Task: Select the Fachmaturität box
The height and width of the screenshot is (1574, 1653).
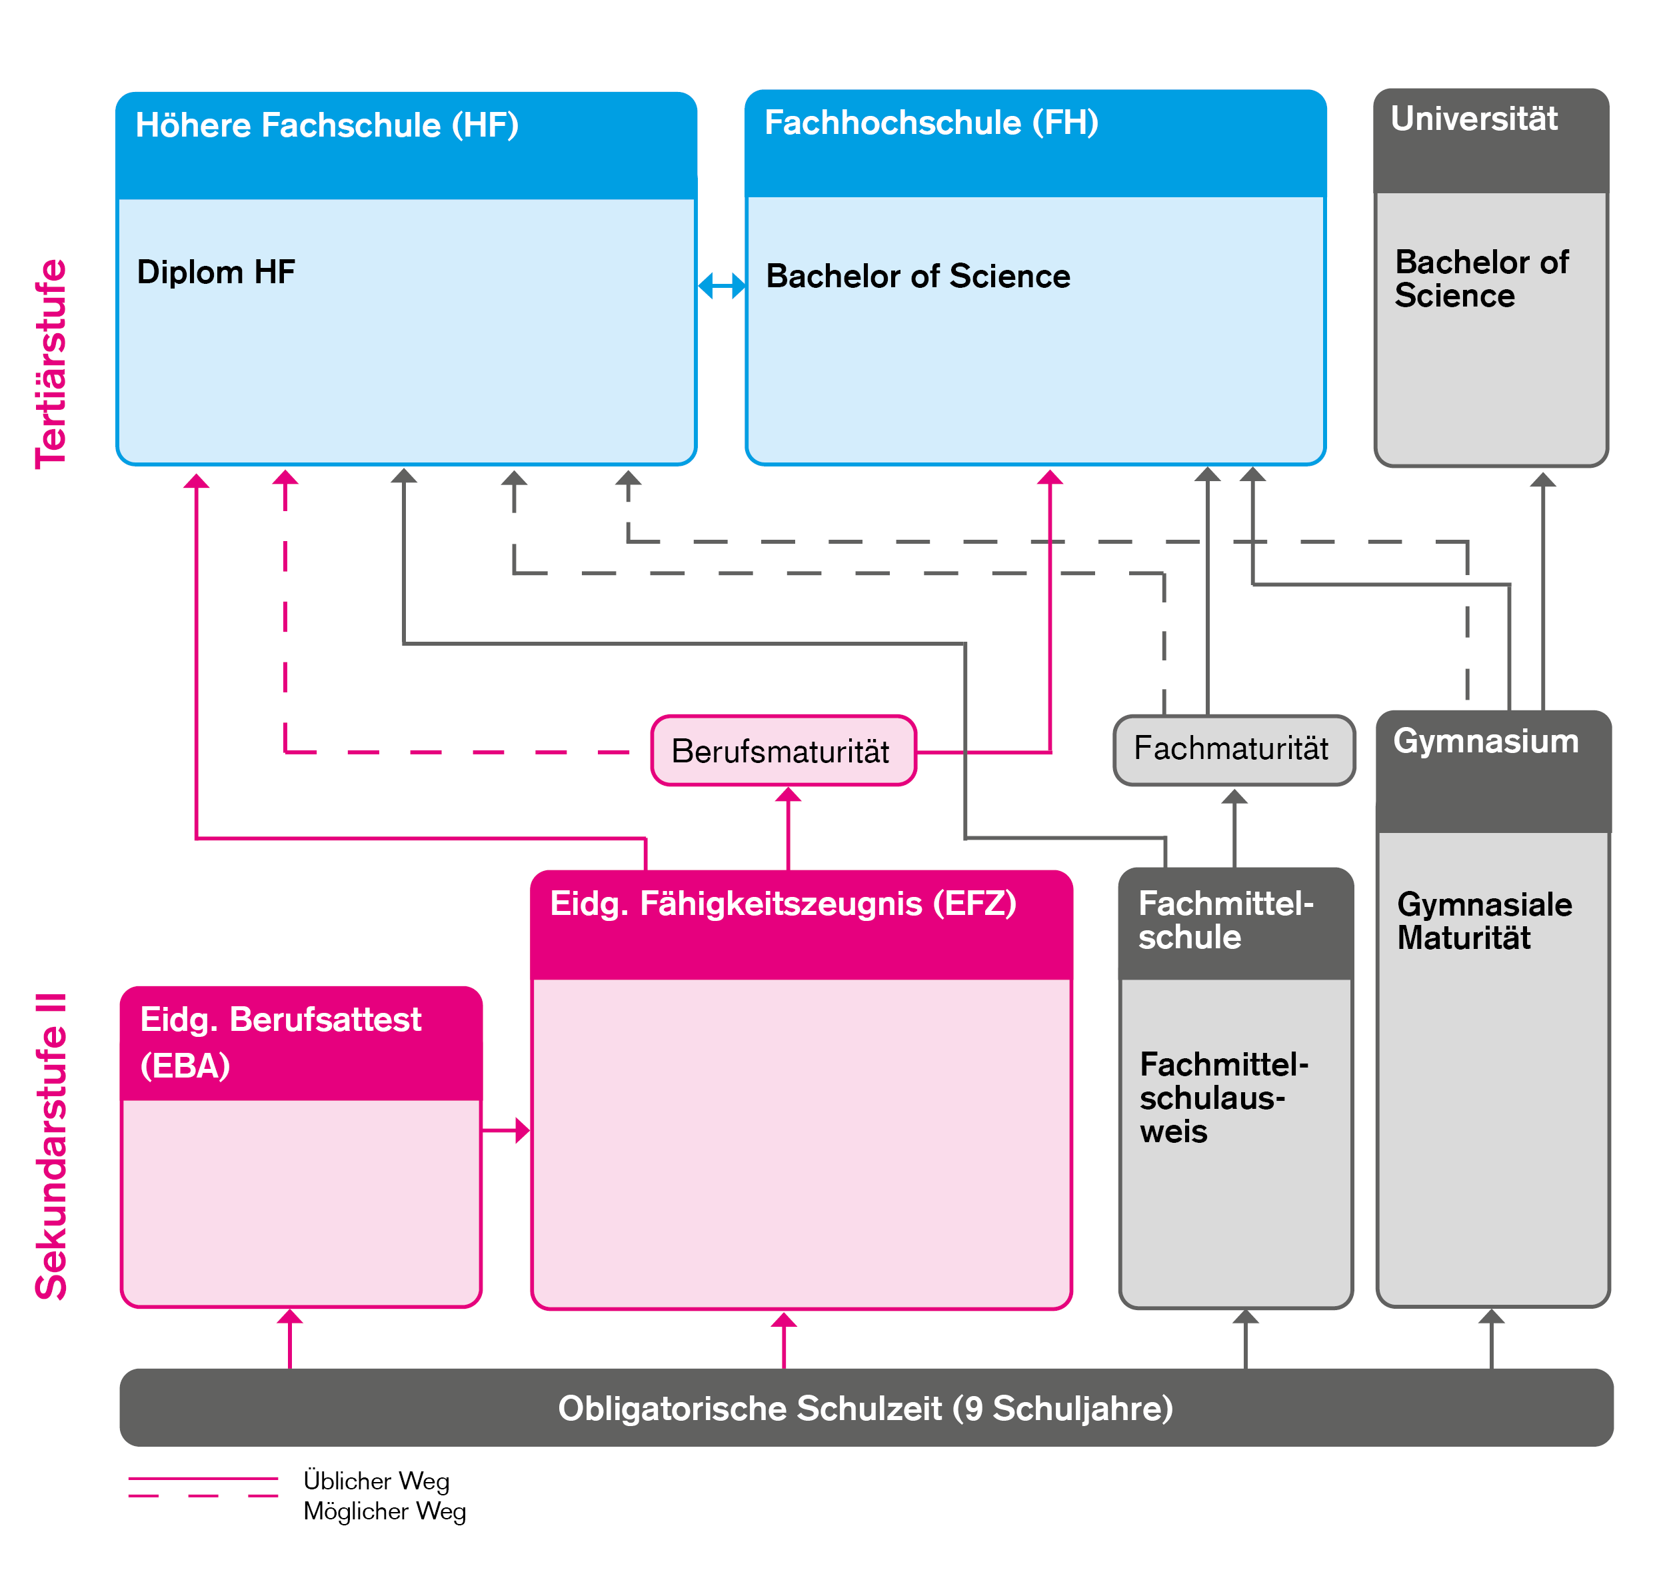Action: tap(1232, 749)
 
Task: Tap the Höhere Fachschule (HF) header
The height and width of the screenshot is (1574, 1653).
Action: tap(327, 126)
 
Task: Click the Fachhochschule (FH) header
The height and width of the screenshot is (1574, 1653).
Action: tap(931, 123)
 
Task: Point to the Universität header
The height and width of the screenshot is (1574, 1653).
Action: tap(1474, 119)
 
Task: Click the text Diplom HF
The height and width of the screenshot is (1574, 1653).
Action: tap(216, 273)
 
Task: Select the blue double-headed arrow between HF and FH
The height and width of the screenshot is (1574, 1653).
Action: tap(722, 285)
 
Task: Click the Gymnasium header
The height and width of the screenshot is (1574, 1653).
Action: tap(1485, 742)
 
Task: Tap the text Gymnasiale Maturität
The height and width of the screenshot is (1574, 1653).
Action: tap(1484, 921)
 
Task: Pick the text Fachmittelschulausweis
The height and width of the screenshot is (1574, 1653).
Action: tap(1223, 1098)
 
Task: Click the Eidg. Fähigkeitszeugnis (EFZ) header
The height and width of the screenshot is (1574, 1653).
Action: tap(783, 904)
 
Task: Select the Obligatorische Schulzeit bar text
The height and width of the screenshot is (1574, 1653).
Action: tap(865, 1409)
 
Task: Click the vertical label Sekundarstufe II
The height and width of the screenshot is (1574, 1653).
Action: tap(51, 1146)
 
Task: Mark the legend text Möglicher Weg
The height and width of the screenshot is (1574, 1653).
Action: tap(385, 1511)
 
